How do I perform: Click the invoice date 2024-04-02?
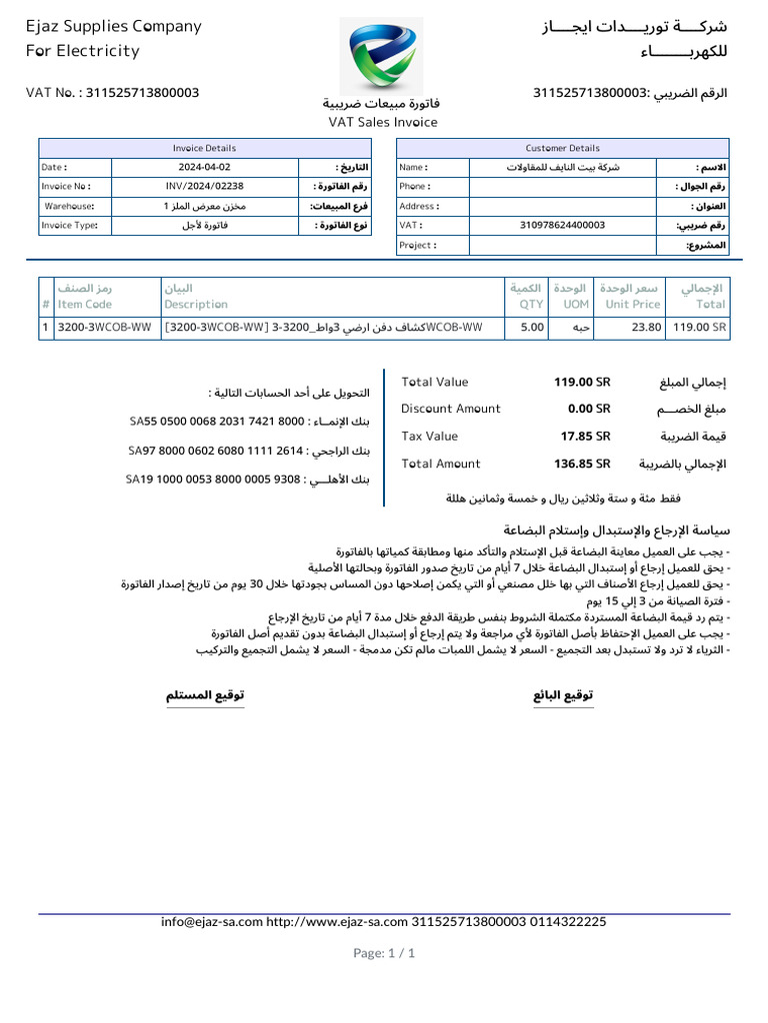tap(204, 168)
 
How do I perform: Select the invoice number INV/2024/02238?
tap(204, 187)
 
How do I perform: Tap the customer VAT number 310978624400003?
tap(563, 226)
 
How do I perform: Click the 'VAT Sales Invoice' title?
tap(383, 122)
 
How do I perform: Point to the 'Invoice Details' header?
tap(204, 148)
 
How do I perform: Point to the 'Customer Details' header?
tap(563, 148)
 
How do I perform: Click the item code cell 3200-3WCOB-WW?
tap(105, 327)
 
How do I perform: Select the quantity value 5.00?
tap(532, 327)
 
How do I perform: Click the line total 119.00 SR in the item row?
tap(699, 327)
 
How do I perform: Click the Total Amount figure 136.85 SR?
tap(582, 464)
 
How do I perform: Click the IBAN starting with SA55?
tap(216, 423)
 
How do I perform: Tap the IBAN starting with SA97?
tap(215, 452)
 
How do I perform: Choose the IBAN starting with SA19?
tap(213, 480)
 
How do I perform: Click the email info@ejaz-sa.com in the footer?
tap(211, 922)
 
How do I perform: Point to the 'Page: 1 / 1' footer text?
tap(384, 953)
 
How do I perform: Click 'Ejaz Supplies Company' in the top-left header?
tap(113, 27)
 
